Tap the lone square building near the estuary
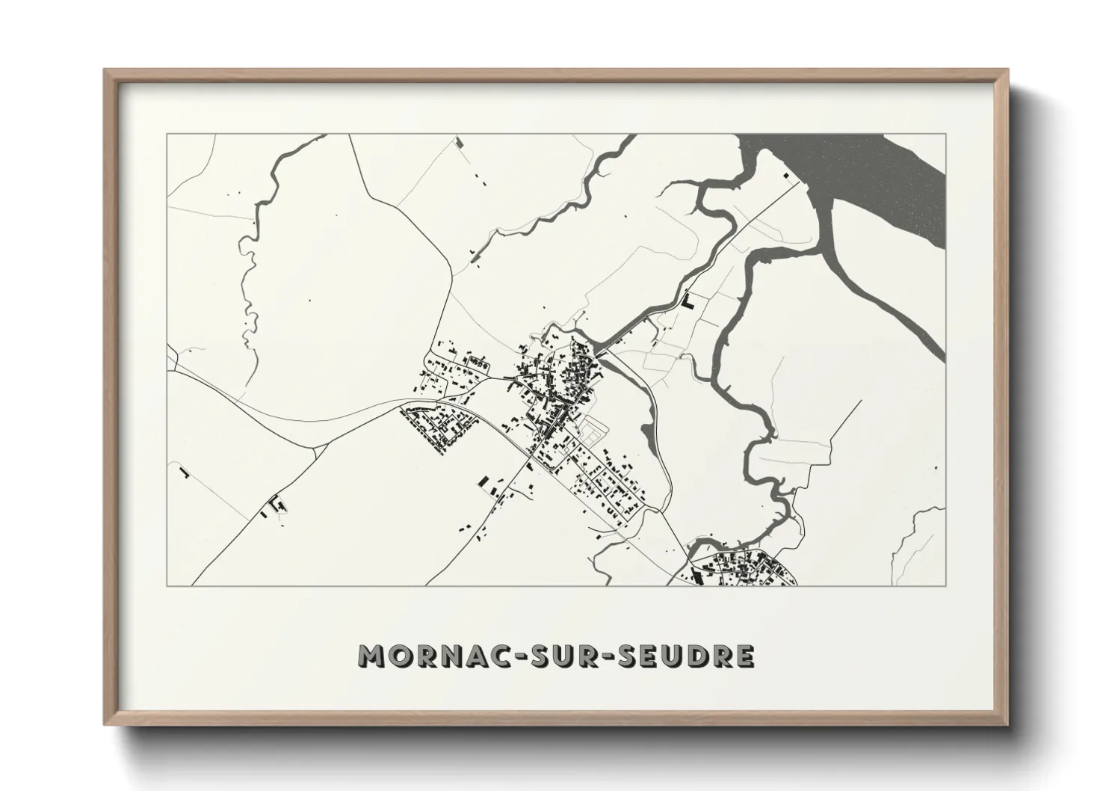[785, 175]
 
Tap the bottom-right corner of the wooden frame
[1007, 723]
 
